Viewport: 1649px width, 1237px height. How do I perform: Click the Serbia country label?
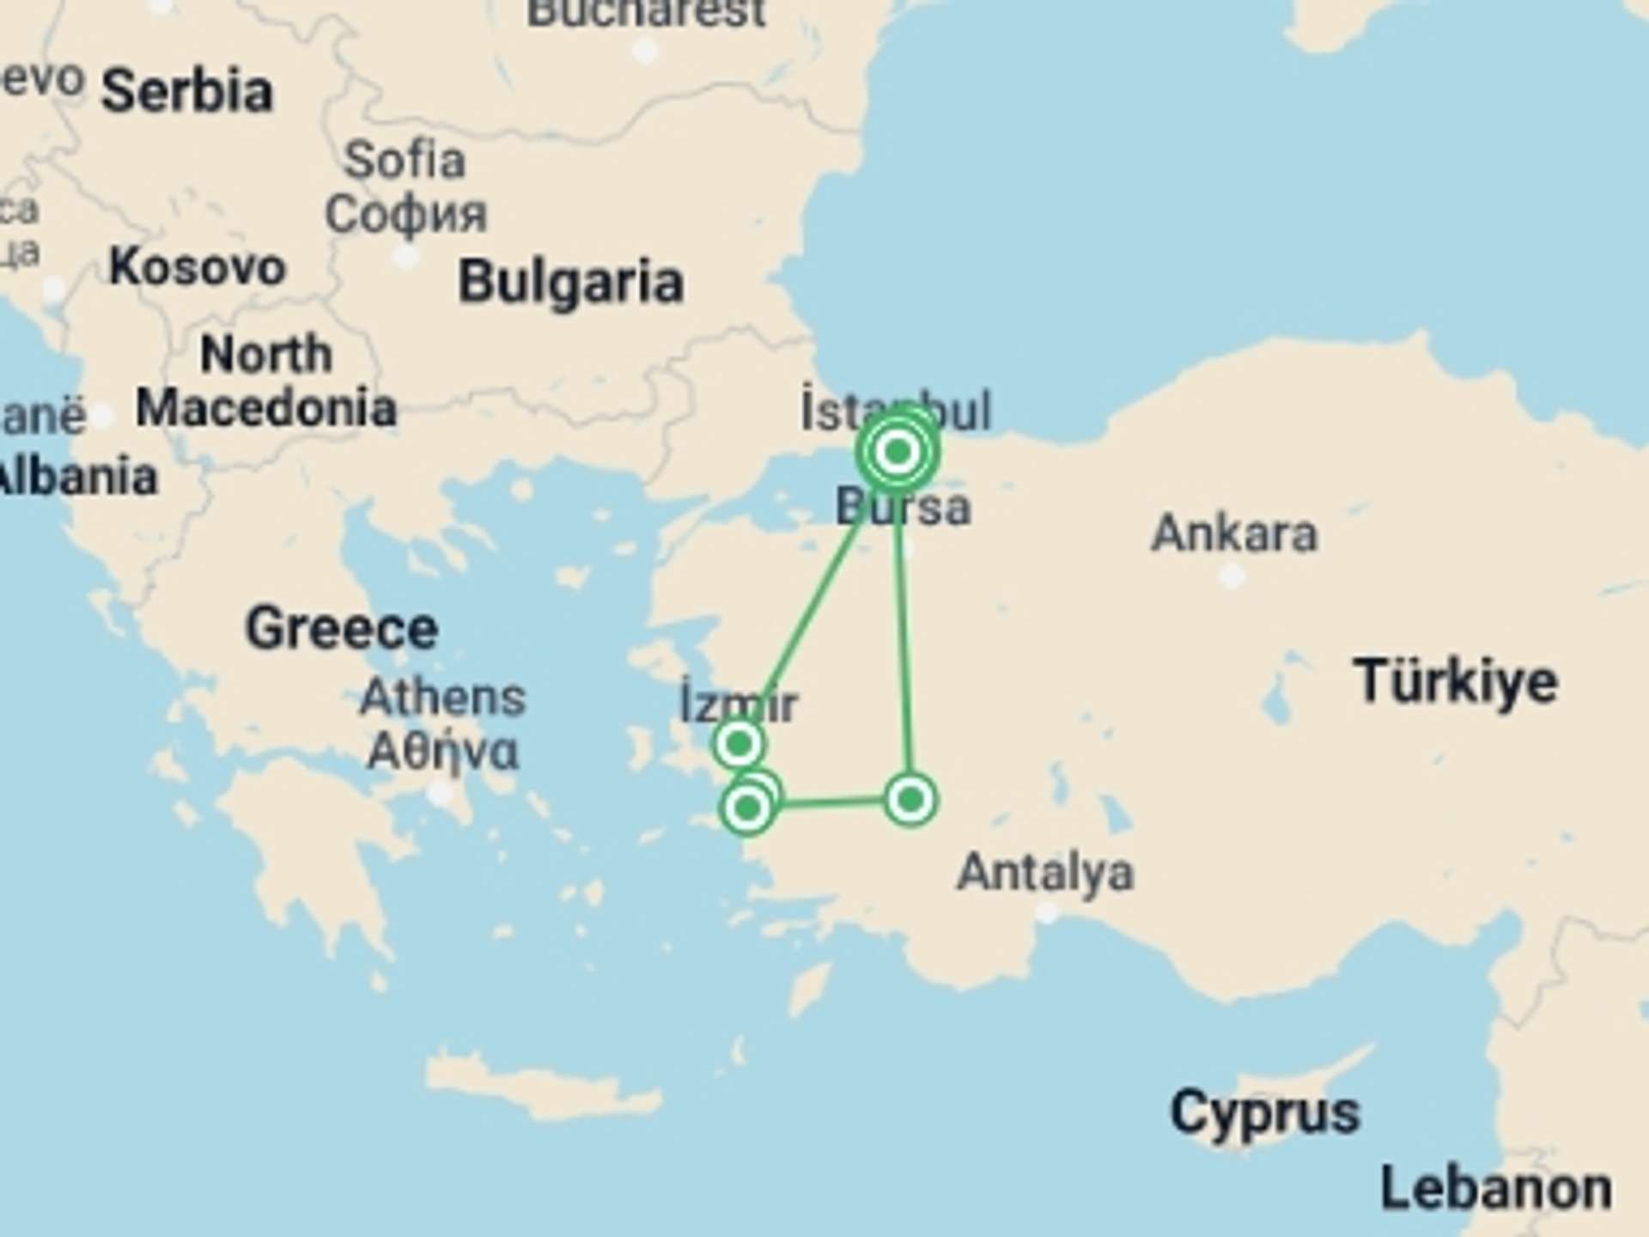(x=187, y=92)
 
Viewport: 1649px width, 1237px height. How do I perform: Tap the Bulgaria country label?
(x=570, y=283)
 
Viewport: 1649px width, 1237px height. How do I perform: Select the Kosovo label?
(x=198, y=267)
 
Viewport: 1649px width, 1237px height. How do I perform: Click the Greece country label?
(x=342, y=629)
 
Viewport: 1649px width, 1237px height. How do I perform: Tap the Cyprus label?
(x=1265, y=1112)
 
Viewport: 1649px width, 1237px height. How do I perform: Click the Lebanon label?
(x=1495, y=1190)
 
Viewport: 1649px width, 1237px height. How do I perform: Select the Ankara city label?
(x=1233, y=533)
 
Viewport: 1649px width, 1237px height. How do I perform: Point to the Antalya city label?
(x=1045, y=873)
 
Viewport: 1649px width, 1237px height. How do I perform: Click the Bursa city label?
(x=904, y=507)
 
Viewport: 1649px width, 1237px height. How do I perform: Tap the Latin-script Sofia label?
(x=405, y=160)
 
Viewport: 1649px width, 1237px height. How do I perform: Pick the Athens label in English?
(x=442, y=697)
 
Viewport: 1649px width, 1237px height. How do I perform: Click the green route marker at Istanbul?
(x=898, y=451)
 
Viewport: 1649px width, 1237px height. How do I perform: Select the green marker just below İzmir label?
(x=739, y=743)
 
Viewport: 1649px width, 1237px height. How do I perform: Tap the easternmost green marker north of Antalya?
(x=910, y=800)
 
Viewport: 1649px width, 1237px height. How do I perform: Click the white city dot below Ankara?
(x=1232, y=576)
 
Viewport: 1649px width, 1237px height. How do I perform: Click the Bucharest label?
(x=646, y=13)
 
